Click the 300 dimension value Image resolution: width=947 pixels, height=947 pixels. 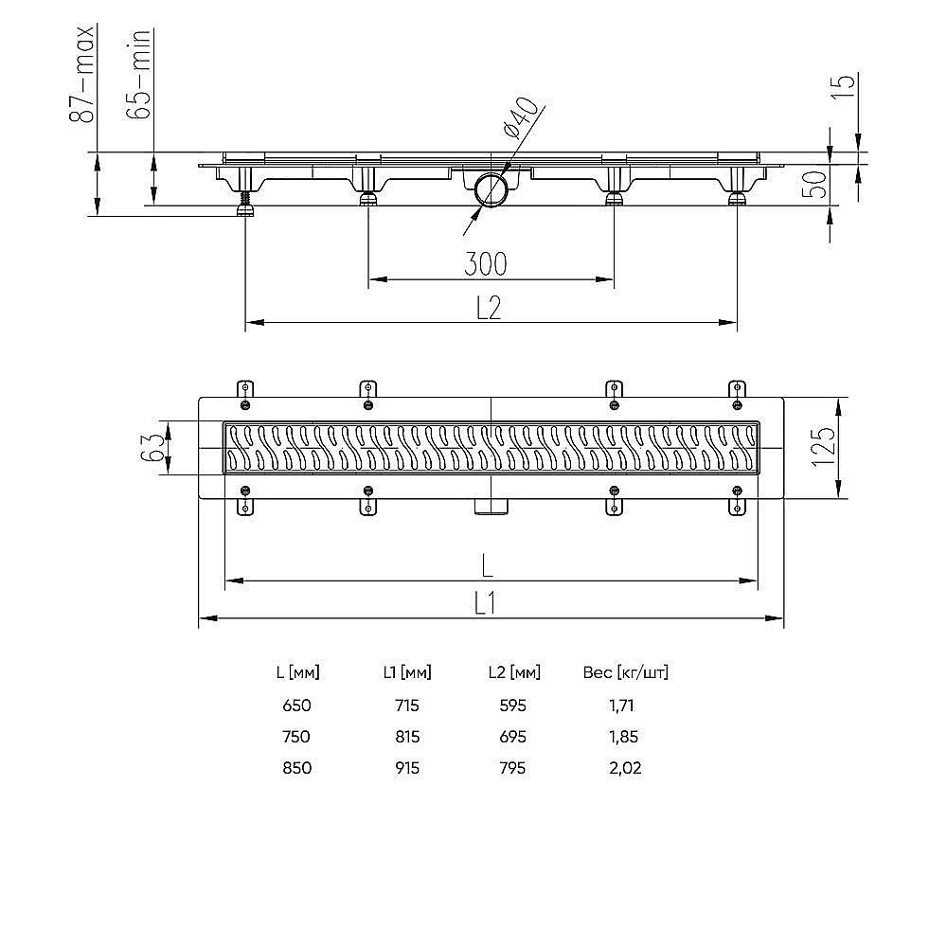point(486,263)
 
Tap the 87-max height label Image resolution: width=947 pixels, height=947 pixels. point(83,75)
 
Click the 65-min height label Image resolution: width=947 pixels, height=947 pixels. point(139,75)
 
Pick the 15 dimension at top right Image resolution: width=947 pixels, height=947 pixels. point(847,87)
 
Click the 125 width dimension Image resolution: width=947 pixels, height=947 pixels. point(823,448)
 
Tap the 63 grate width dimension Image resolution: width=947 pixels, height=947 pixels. point(152,448)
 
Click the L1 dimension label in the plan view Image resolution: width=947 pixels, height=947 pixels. point(487,602)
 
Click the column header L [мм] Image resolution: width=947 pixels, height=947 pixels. point(296,673)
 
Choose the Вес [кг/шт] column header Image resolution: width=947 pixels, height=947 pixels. point(625,673)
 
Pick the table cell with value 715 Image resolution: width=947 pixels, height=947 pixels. point(405,706)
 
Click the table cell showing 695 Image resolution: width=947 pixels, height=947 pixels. point(512,737)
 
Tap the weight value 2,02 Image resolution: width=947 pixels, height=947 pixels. point(625,768)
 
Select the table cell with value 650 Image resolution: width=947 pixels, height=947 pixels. point(296,706)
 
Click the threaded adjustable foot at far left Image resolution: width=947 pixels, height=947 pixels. point(245,202)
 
